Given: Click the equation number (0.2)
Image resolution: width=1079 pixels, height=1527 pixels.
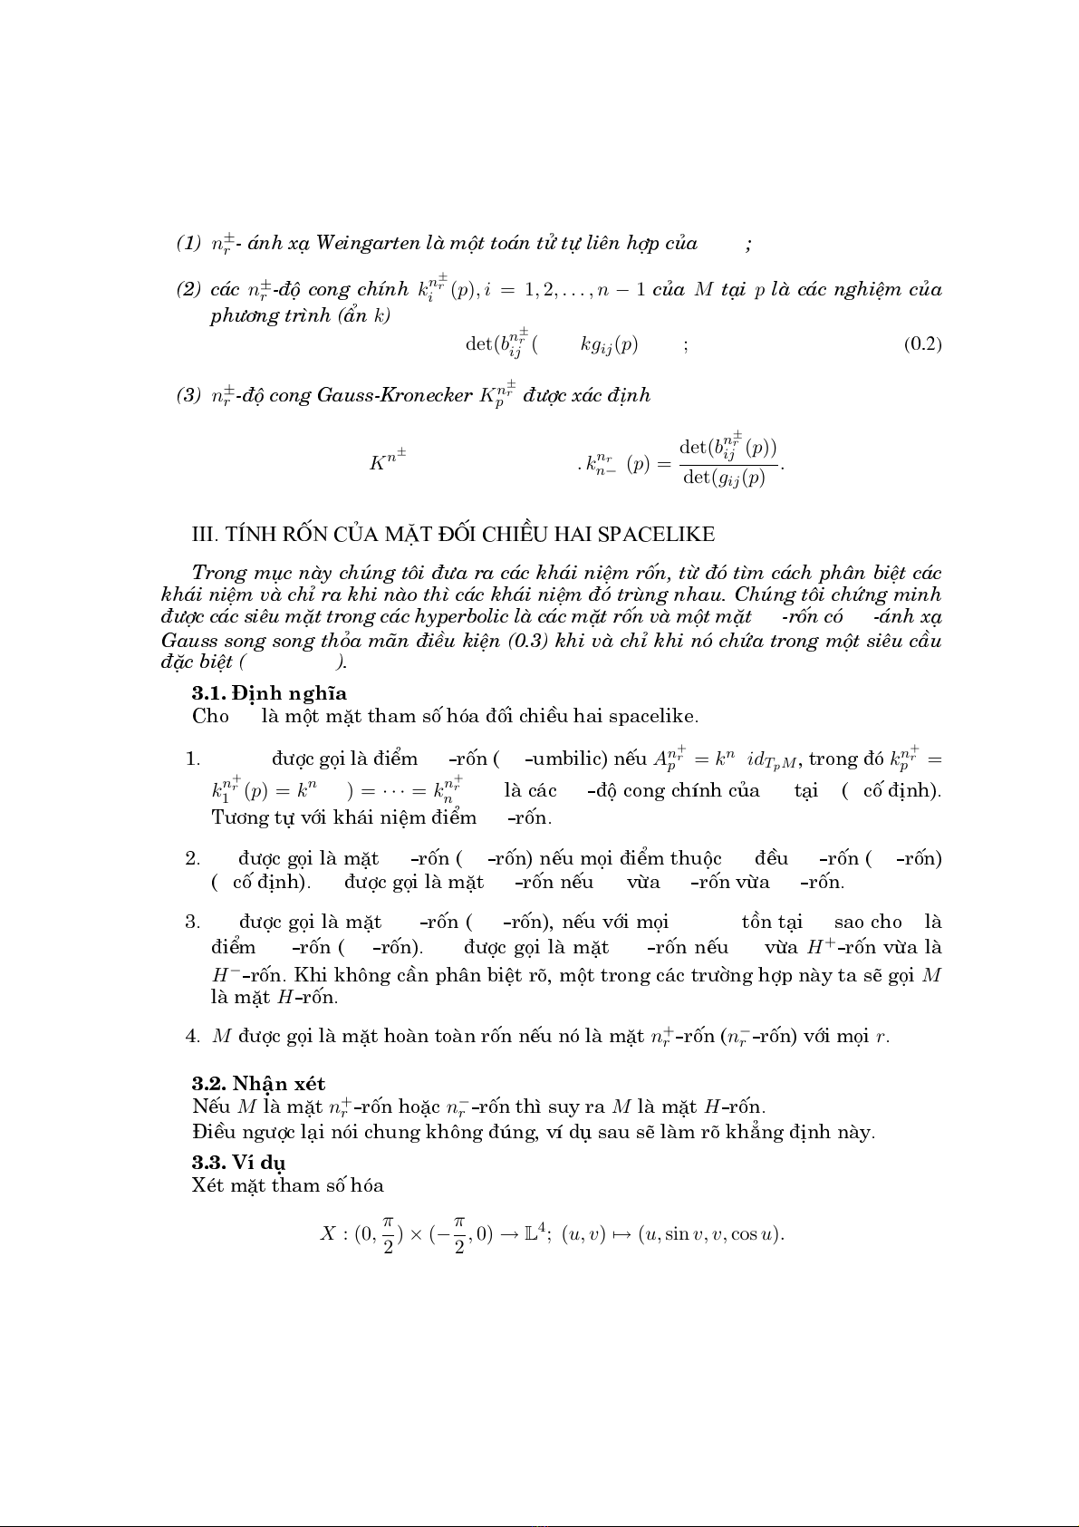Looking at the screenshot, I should (x=922, y=344).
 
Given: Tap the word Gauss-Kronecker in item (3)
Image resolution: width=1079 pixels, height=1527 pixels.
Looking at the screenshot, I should (x=394, y=396).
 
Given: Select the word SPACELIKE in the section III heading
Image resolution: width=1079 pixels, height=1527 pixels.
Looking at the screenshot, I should (x=656, y=535).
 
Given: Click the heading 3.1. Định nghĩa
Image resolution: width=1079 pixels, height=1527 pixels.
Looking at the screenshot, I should (x=269, y=693).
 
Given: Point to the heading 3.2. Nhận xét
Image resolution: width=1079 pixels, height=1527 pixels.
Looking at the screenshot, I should (x=258, y=1083).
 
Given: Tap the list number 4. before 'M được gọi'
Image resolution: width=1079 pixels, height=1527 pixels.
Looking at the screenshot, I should (x=192, y=1036).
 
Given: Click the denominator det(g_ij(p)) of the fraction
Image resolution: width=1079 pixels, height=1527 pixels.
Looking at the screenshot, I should (x=724, y=478).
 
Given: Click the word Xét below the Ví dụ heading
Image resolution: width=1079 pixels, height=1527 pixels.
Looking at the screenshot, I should (x=207, y=1185).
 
